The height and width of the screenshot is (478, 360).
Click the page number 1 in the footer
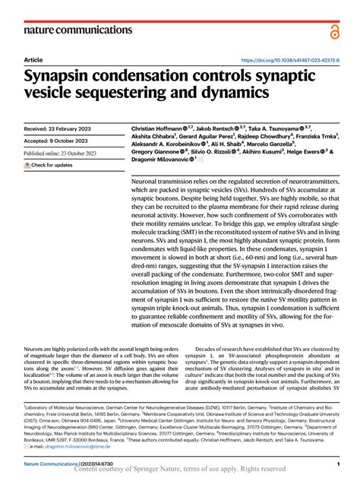[336, 463]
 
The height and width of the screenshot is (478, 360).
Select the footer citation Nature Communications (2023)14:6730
[68, 463]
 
